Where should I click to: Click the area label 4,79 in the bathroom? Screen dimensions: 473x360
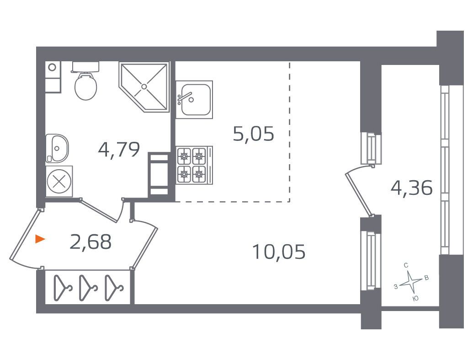pos(119,150)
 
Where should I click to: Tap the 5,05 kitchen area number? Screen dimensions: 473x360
pos(254,134)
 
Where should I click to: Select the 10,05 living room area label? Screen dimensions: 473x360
pos(279,252)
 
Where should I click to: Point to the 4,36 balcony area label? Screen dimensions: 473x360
pos(411,188)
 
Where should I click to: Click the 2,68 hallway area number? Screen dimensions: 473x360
pos(90,242)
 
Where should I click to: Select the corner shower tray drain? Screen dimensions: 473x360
pos(144,86)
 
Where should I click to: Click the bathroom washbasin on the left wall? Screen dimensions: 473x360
pos(57,149)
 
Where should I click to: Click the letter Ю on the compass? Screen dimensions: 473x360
pos(415,298)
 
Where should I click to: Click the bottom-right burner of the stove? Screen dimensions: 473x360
pos(198,173)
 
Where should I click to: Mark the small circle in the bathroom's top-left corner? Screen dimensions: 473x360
pos(52,67)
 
